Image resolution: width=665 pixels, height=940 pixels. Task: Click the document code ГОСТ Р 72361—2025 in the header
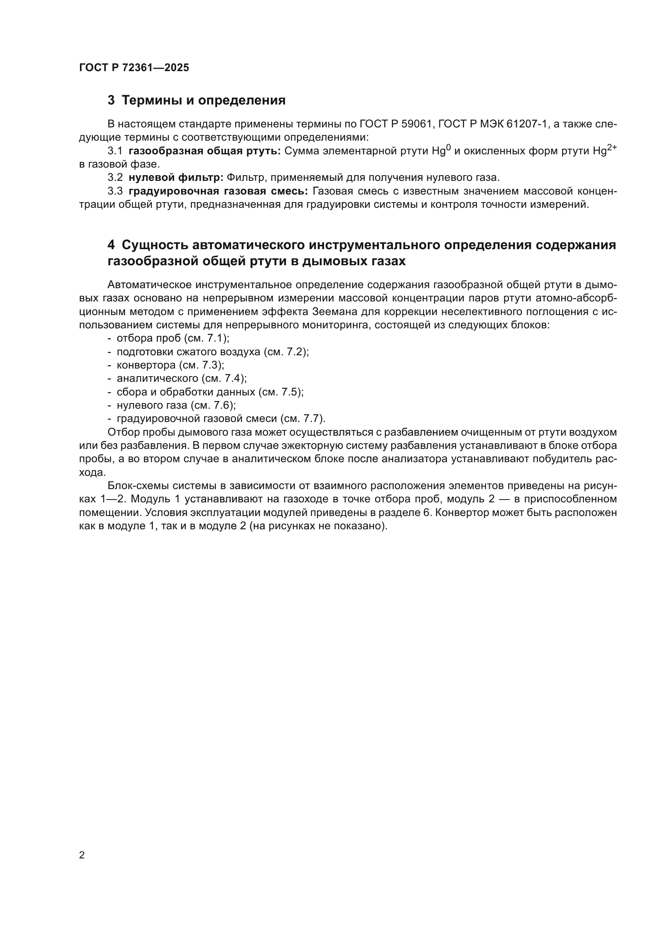click(134, 68)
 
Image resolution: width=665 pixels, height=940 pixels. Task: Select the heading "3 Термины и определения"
click(197, 100)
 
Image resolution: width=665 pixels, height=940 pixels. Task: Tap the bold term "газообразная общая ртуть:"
click(204, 151)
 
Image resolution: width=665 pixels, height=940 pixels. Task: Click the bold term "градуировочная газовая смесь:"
click(218, 191)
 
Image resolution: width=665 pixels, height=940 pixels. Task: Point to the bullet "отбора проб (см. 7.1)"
click(173, 338)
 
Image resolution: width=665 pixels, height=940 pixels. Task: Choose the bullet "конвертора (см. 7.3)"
click(170, 365)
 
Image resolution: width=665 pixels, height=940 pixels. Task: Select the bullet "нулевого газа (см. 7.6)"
click(177, 405)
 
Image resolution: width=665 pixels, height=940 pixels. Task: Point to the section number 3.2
click(115, 178)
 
